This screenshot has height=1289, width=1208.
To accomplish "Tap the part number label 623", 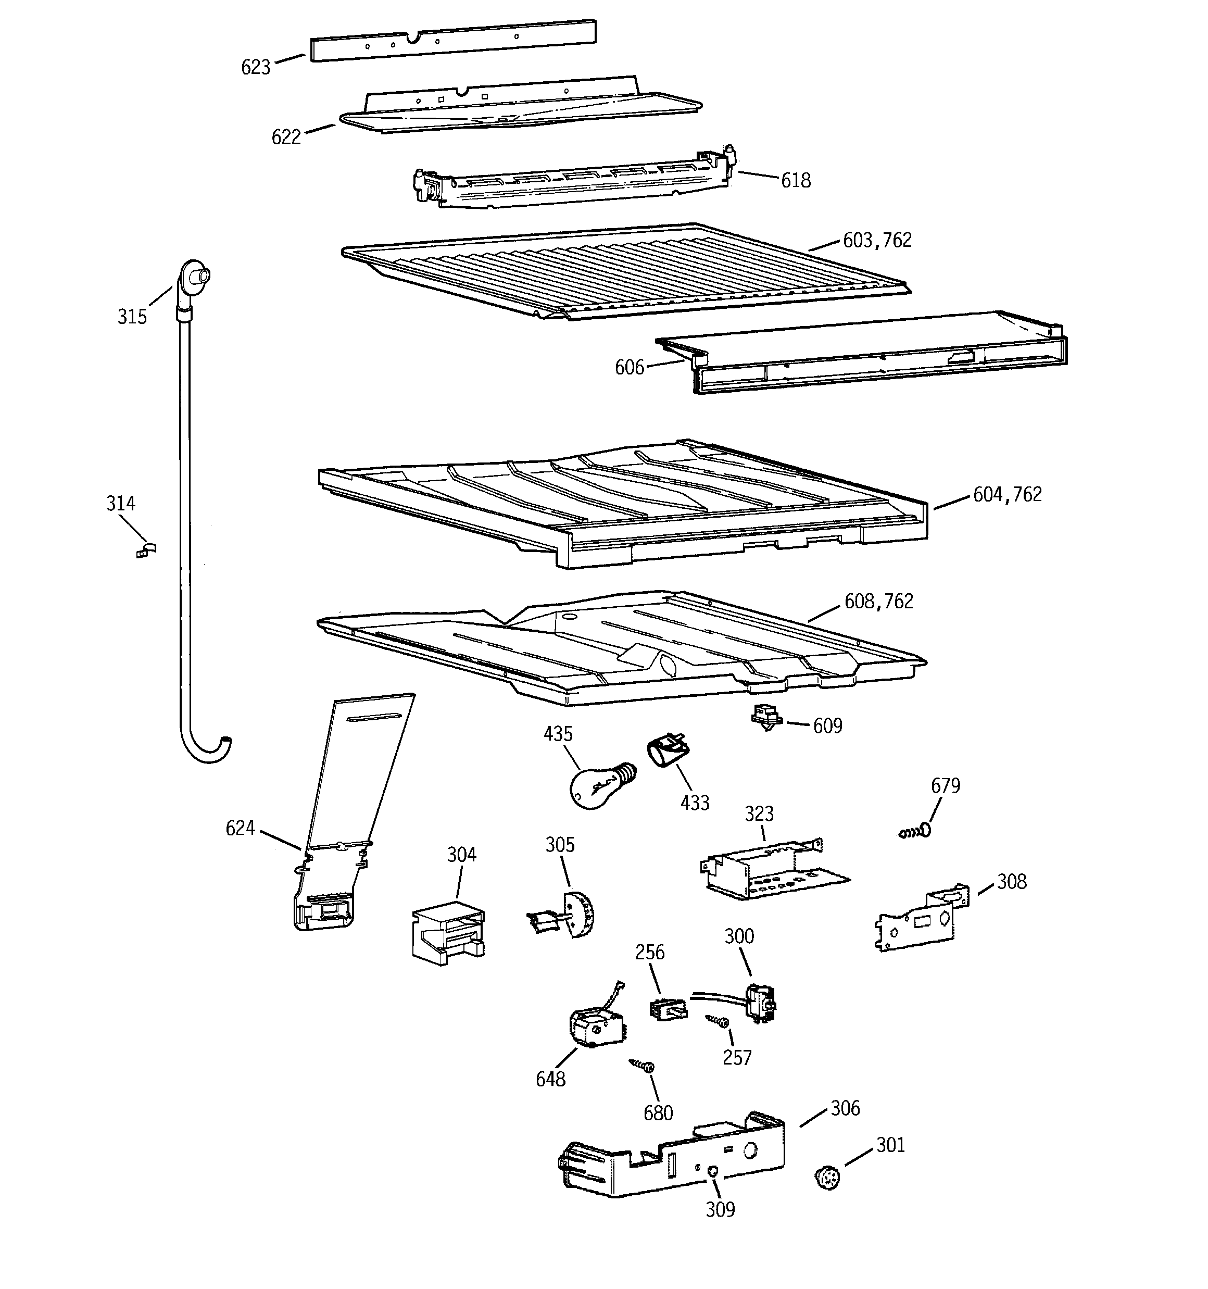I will click(256, 67).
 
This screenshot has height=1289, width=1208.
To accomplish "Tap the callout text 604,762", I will click(1007, 495).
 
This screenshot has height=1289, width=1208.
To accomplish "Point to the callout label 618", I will click(796, 180).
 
